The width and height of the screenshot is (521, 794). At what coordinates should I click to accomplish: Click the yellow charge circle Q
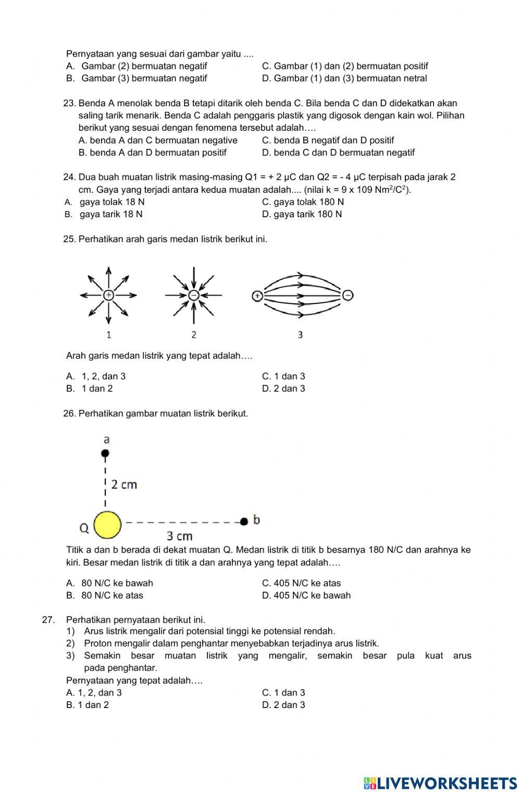[108, 524]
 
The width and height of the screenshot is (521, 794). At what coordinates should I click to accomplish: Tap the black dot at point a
[105, 454]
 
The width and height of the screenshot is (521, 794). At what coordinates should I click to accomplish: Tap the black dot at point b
[243, 521]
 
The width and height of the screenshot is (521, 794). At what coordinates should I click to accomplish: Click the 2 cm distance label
[124, 485]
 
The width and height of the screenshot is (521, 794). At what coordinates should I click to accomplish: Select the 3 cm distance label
[179, 536]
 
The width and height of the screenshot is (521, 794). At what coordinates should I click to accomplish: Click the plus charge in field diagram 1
[108, 295]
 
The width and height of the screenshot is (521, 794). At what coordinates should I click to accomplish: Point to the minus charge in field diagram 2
[193, 295]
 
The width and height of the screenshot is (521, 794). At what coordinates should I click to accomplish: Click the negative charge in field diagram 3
[348, 295]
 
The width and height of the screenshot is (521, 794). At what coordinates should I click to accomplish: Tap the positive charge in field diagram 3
[256, 296]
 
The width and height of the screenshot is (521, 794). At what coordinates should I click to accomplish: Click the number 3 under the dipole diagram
[300, 334]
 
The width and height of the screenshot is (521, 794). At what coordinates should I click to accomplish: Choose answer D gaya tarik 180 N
[302, 214]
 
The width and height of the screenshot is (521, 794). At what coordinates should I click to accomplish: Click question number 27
[48, 619]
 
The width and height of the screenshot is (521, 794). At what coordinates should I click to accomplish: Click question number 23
[70, 103]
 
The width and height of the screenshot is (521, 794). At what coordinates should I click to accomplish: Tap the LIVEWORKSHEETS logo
[440, 783]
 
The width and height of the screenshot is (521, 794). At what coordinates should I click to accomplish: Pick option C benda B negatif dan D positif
[328, 140]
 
